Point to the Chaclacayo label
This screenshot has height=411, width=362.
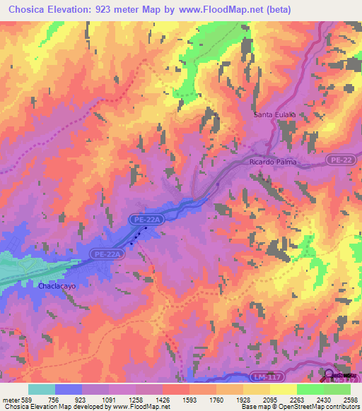57,287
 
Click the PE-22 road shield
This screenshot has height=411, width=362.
339,161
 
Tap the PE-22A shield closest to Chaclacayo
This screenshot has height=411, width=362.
107,253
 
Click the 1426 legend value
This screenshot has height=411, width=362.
163,400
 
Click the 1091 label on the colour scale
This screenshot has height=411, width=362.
109,400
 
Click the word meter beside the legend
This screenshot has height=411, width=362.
9,400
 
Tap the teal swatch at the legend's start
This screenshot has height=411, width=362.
42,389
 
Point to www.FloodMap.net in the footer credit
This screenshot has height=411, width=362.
139,407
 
